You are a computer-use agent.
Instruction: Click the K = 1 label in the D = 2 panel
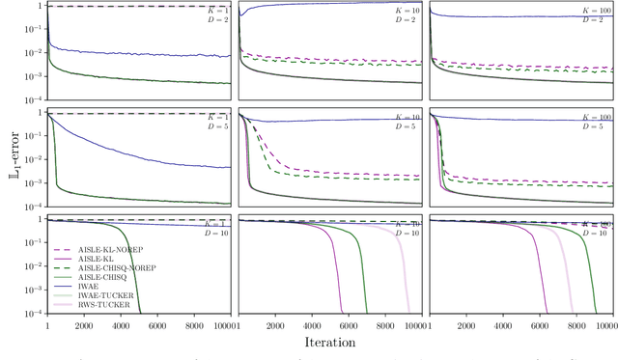coord(215,9)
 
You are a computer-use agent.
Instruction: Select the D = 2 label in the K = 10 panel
coord(405,18)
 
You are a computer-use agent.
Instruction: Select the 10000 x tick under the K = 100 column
coord(603,326)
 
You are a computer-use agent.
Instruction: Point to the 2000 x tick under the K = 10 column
coord(274,326)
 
